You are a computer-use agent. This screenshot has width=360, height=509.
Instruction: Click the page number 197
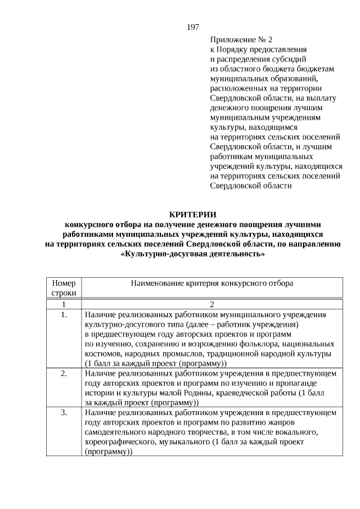[x=192, y=27]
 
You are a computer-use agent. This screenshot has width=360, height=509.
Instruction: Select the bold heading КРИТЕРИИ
[x=192, y=214]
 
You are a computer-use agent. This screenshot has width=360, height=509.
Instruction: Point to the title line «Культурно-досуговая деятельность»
[x=192, y=254]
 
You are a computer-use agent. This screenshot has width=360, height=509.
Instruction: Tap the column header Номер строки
[x=64, y=288]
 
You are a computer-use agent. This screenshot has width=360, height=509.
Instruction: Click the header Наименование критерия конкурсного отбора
[x=212, y=283]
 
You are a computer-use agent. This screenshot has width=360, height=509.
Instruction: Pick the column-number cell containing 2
[x=212, y=304]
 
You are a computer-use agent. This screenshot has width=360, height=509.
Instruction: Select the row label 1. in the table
[x=64, y=314]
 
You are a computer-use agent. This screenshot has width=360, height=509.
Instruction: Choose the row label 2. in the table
[x=64, y=373]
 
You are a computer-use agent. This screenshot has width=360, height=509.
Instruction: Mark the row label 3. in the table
[x=64, y=413]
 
